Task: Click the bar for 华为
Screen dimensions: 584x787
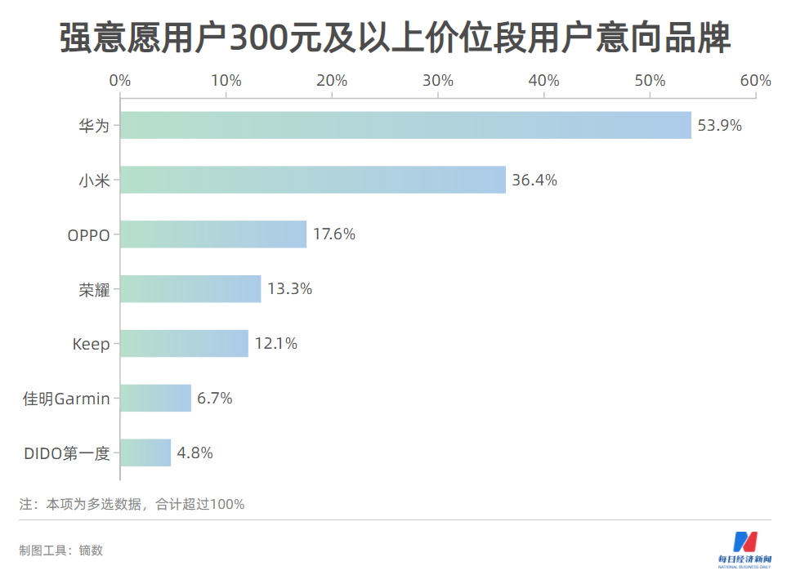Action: [x=405, y=125]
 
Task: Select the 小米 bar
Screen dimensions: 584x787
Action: [x=313, y=180]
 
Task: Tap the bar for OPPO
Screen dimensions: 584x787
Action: [x=213, y=234]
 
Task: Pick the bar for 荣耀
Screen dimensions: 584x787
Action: [x=190, y=289]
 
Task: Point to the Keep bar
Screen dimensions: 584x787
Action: [x=184, y=344]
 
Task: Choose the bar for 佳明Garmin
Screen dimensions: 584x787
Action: [x=155, y=399]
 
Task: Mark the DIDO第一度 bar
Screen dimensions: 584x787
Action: [x=145, y=452]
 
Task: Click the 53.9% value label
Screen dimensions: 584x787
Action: [x=719, y=126]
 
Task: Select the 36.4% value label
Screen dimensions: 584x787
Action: [x=534, y=181]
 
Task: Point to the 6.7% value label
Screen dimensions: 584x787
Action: [x=214, y=399]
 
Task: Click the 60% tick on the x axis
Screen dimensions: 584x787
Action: [x=755, y=81]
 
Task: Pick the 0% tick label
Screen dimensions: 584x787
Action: [x=120, y=81]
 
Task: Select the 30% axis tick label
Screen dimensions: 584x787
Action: [x=438, y=81]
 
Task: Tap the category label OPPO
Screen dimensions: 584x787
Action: [x=88, y=235]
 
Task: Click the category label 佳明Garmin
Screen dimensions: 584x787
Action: [x=65, y=399]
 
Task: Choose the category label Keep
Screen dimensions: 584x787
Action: [x=91, y=345]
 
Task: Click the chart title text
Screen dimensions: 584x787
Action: [x=394, y=38]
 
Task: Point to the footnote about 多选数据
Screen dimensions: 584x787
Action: [x=132, y=504]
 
